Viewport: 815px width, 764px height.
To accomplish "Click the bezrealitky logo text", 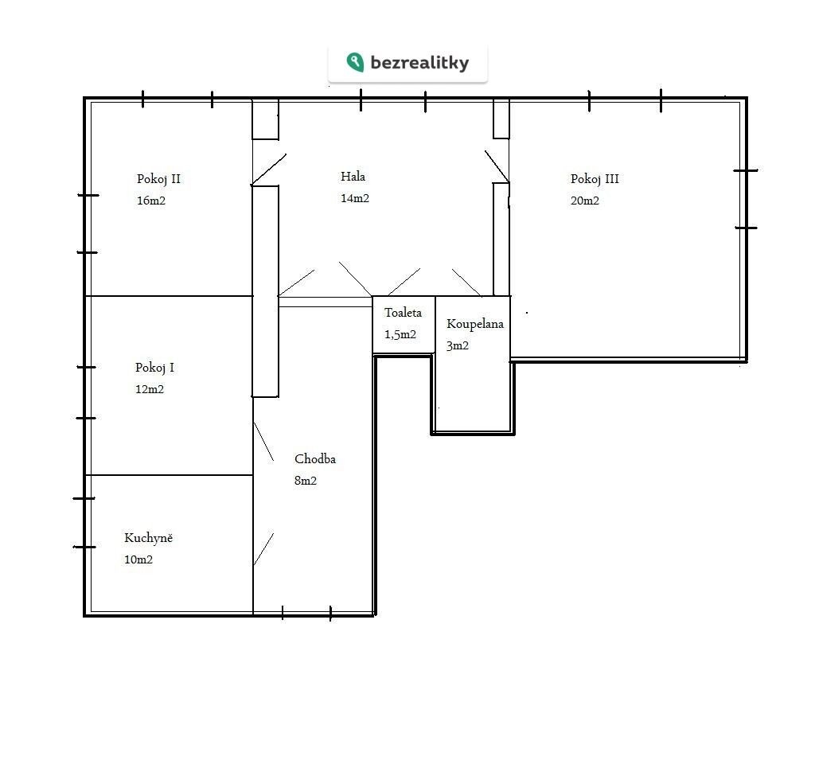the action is (419, 63).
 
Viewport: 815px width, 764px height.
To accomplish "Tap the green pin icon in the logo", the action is (355, 62).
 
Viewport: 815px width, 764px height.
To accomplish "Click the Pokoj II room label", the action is (158, 179).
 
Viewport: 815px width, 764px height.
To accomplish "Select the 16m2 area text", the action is (151, 201).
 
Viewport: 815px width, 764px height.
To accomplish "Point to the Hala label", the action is (353, 177).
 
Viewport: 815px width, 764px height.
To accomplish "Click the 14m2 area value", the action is (355, 198).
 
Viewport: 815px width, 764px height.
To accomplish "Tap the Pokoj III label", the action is (595, 179).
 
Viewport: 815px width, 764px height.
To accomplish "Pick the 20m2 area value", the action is (585, 201).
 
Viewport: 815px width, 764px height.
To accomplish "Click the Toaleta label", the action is (403, 313).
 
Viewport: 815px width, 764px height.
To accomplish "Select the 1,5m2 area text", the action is (400, 335).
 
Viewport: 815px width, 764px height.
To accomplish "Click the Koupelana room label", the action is (475, 325).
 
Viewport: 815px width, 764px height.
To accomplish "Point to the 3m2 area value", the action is (458, 345).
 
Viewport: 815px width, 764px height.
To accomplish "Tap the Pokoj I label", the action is (155, 368).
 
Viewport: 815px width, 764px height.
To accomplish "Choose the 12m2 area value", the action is (150, 389).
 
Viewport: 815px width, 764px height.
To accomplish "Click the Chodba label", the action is (315, 459).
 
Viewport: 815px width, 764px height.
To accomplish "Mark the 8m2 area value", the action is (306, 481).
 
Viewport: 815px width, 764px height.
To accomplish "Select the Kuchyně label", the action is (148, 538).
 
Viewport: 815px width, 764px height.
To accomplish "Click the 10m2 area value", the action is (138, 559).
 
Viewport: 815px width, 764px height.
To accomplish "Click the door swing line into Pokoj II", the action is (269, 170).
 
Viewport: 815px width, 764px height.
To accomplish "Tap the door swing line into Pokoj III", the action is (497, 166).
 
